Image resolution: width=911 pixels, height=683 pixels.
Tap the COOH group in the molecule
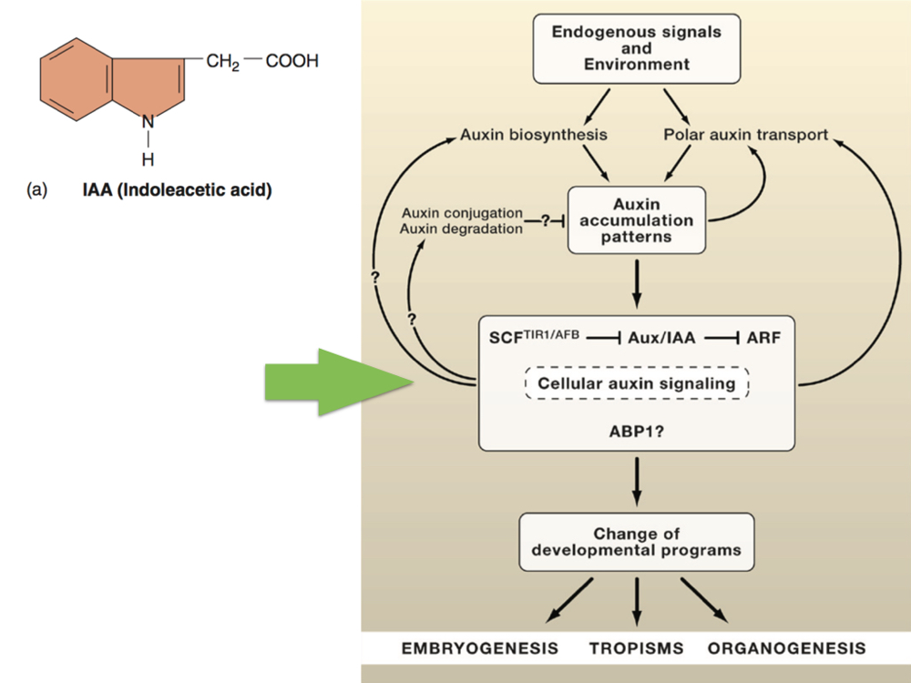(x=292, y=62)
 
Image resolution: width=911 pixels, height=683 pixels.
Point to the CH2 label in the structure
(x=222, y=62)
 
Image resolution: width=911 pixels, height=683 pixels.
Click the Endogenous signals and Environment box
(x=636, y=48)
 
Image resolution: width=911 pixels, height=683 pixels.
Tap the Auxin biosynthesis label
(x=534, y=135)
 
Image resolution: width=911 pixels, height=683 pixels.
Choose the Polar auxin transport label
(x=745, y=135)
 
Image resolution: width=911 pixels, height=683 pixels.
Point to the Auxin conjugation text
(x=461, y=213)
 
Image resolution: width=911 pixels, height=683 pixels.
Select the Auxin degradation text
(x=461, y=229)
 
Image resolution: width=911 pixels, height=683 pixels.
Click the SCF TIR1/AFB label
(x=534, y=336)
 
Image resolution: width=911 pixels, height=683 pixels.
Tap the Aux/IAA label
(x=660, y=338)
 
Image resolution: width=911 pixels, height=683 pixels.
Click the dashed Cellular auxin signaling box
(x=636, y=383)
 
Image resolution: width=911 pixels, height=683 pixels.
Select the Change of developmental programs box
(x=636, y=542)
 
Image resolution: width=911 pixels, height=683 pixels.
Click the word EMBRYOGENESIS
(x=480, y=649)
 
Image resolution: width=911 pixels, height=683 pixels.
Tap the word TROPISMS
(x=636, y=649)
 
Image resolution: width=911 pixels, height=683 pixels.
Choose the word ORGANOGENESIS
(x=786, y=649)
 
